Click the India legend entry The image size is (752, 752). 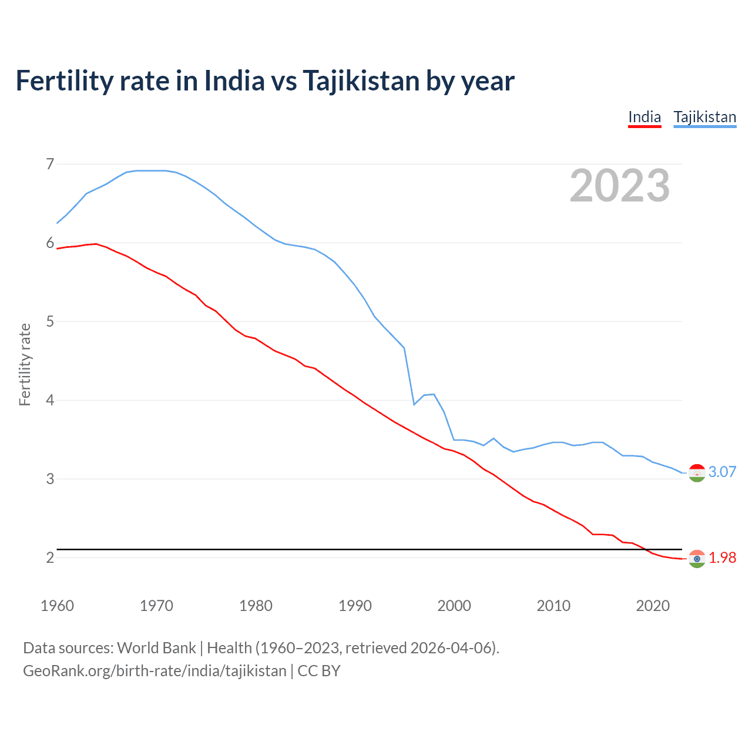click(644, 117)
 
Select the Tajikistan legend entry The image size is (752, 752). click(704, 117)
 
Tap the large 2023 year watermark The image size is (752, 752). click(619, 186)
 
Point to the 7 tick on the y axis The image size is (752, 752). click(50, 164)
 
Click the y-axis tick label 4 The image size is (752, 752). click(50, 400)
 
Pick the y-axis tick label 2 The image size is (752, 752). click(50, 558)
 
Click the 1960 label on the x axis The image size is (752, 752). click(57, 606)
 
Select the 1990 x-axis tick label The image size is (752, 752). click(355, 606)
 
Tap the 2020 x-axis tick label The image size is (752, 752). click(653, 606)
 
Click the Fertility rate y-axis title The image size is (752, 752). click(25, 364)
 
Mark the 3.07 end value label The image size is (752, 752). click(722, 472)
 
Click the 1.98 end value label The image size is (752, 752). click(722, 558)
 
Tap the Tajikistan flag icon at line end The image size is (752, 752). click(697, 472)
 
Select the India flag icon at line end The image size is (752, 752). click(697, 558)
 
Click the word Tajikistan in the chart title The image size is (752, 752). click(361, 80)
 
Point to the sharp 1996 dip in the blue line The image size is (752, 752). click(414, 404)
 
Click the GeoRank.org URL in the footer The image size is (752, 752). click(155, 671)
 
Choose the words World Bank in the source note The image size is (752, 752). click(156, 648)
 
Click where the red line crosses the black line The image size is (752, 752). click(646, 549)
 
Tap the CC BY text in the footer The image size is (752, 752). click(319, 671)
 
